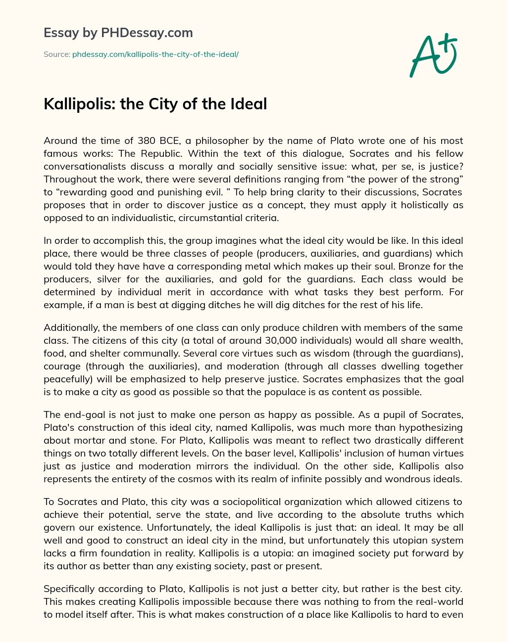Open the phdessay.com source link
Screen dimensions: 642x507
(x=155, y=54)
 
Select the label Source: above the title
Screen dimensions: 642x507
(x=56, y=54)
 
